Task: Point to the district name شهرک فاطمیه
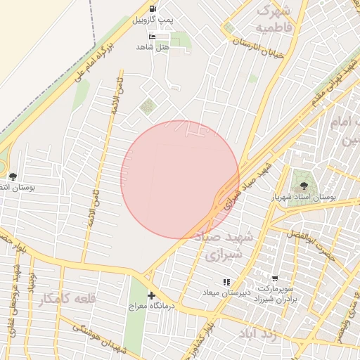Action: [274, 19]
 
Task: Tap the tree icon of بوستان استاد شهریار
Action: [304, 186]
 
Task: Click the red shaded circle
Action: [180, 179]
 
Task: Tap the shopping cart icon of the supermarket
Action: [274, 278]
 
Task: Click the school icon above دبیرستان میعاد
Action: [226, 282]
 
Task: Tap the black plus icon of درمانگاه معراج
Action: [151, 295]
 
